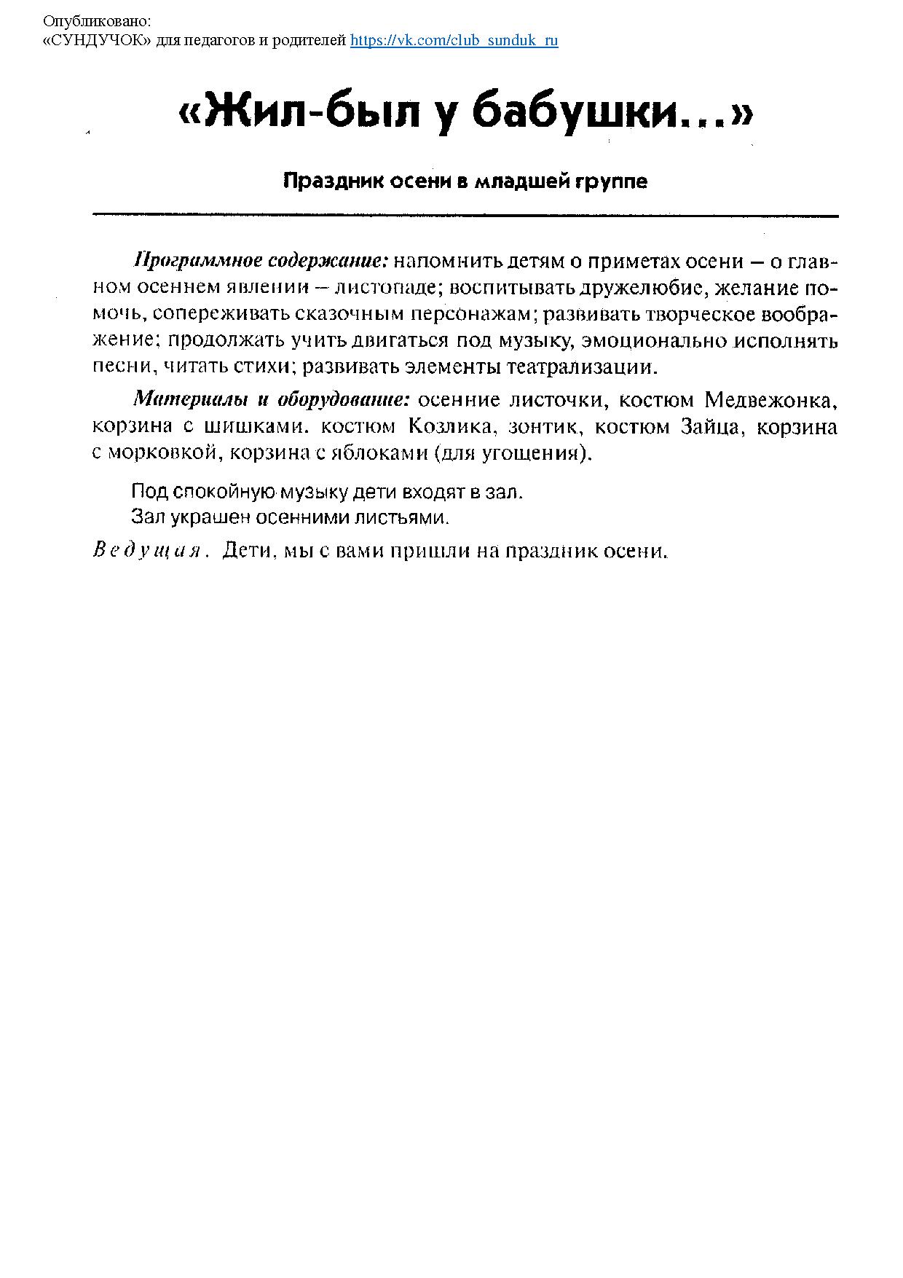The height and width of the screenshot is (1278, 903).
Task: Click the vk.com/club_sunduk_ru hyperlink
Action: [x=454, y=40]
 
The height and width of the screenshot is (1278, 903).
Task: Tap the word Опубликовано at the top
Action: [x=97, y=22]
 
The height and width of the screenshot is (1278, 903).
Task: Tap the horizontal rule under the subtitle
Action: [x=465, y=216]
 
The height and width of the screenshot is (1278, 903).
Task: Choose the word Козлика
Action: [x=452, y=426]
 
